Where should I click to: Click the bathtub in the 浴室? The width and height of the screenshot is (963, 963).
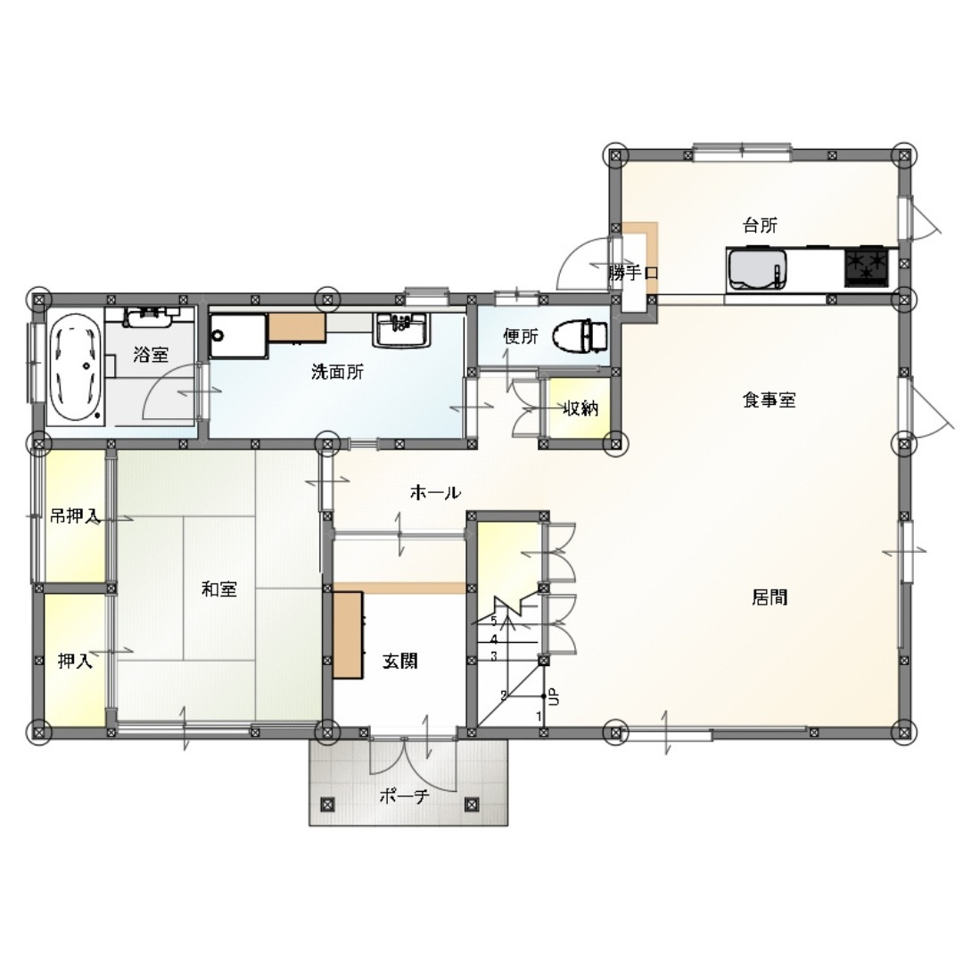click(74, 368)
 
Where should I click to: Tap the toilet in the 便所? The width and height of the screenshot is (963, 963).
click(580, 336)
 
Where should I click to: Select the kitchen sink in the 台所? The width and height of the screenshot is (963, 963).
click(757, 270)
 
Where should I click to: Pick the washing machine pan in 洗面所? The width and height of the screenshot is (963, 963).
click(238, 335)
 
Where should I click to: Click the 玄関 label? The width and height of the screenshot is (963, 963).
click(399, 661)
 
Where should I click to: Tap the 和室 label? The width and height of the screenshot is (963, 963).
click(219, 589)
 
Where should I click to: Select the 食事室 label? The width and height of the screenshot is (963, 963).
click(769, 400)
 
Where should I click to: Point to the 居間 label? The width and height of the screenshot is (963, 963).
click(770, 597)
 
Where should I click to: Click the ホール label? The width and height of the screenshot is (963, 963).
click(435, 492)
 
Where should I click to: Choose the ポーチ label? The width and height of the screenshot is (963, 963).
click(404, 796)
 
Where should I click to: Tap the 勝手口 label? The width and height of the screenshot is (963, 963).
click(633, 273)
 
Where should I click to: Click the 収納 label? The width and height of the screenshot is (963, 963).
click(580, 408)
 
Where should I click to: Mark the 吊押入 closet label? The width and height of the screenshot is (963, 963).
click(75, 516)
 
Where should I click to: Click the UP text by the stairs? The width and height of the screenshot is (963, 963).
click(553, 696)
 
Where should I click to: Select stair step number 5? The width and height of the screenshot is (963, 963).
click(493, 621)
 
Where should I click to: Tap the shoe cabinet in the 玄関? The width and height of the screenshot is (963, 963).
click(348, 635)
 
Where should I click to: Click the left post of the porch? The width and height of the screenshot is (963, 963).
click(327, 804)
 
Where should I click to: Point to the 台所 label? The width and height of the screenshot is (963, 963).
click(760, 226)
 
